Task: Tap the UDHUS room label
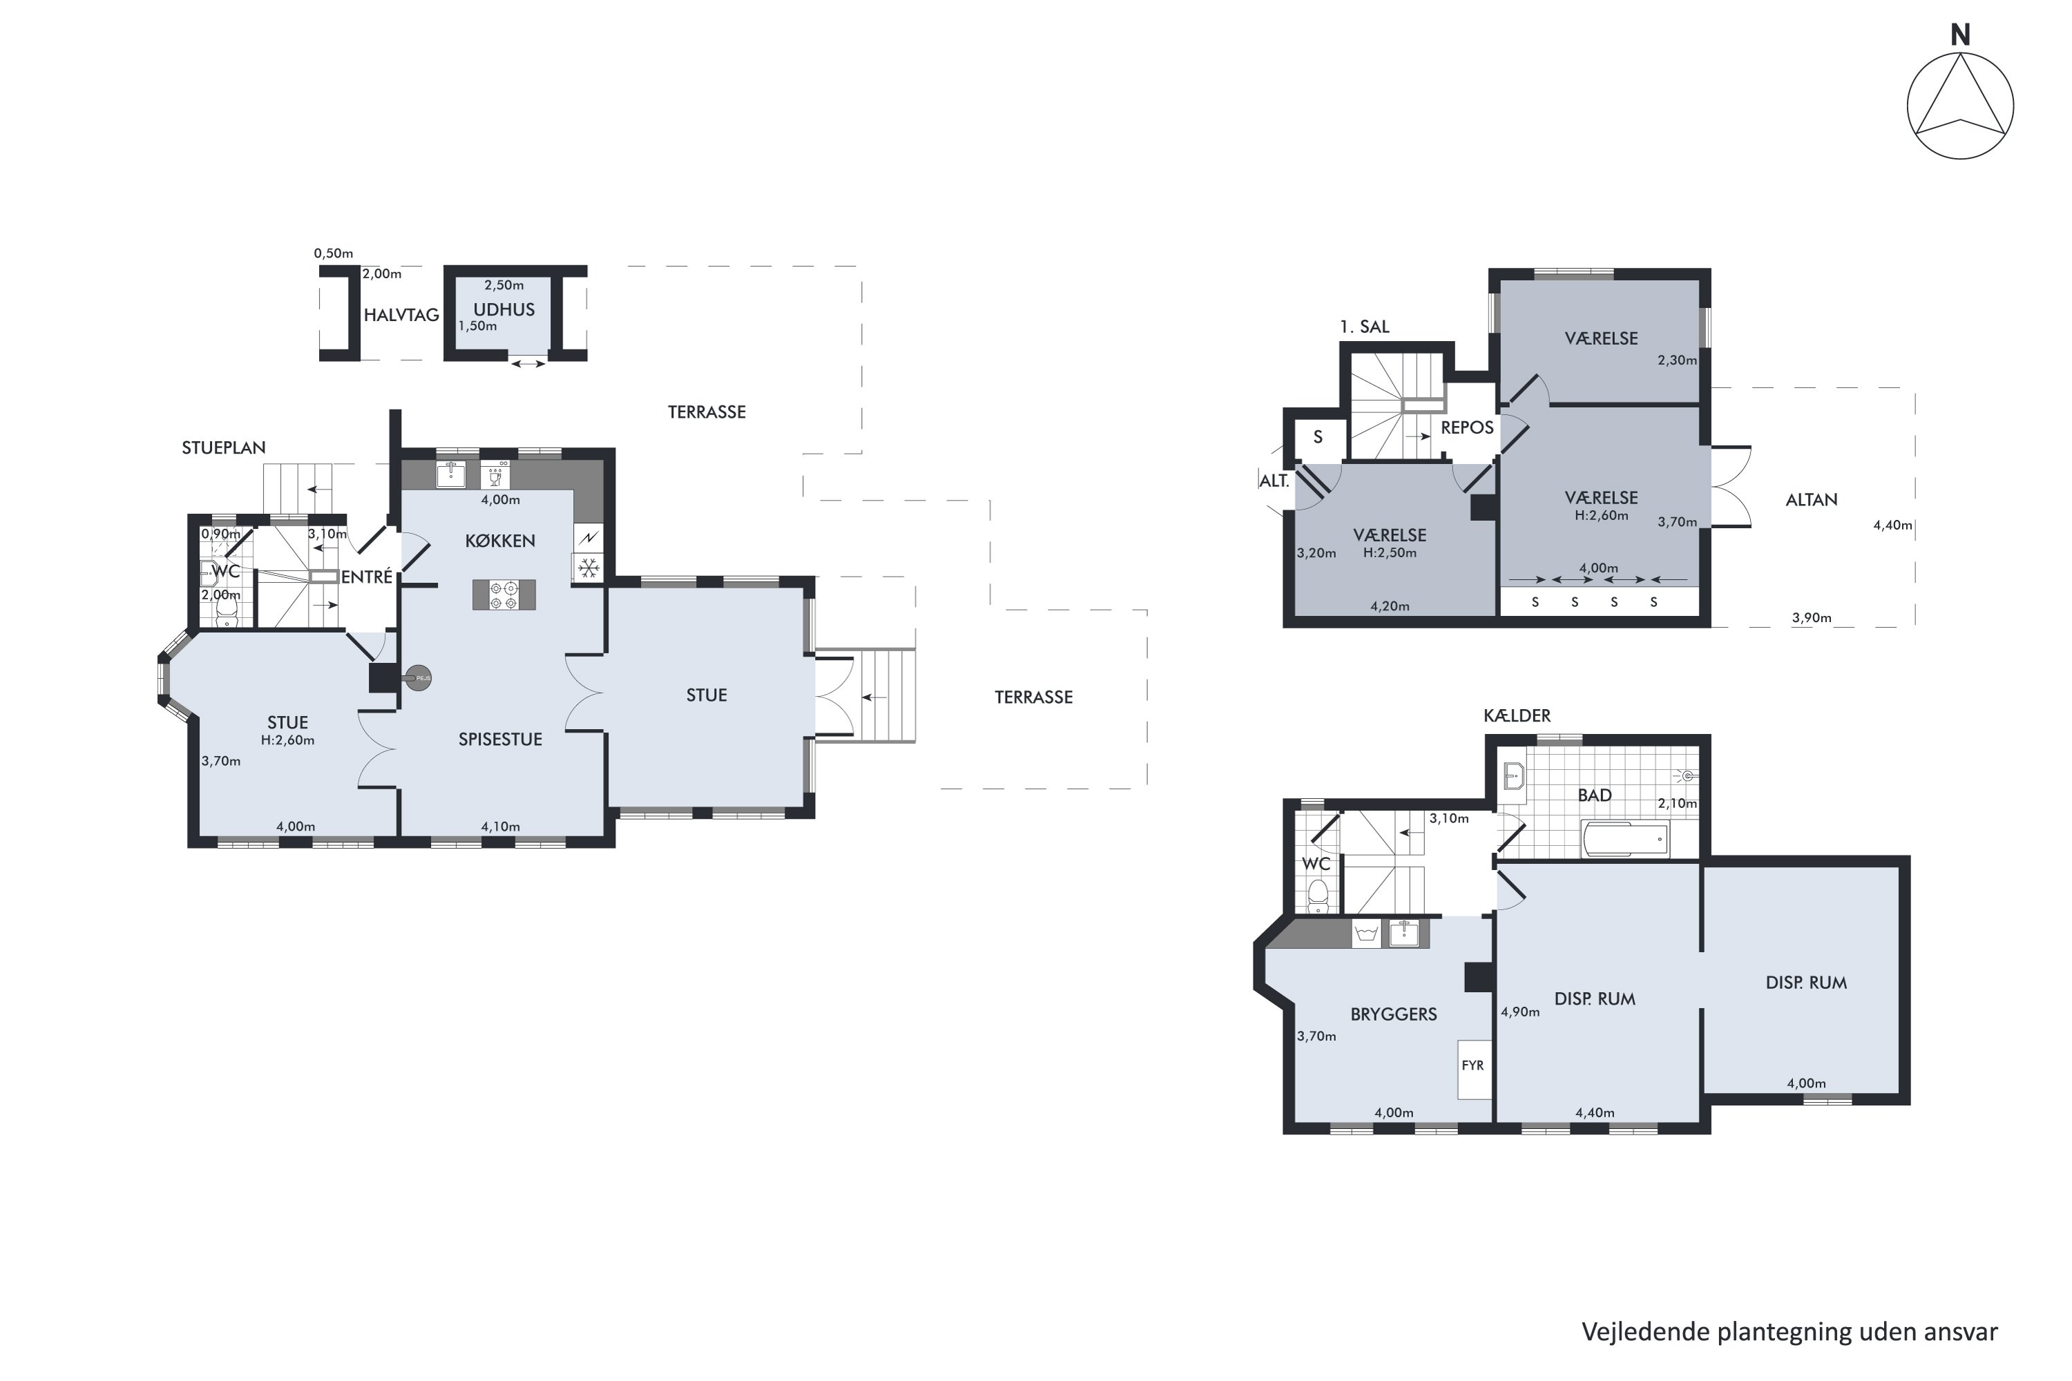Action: pyautogui.click(x=504, y=309)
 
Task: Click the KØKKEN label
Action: pyautogui.click(x=500, y=541)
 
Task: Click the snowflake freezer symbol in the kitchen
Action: pyautogui.click(x=588, y=567)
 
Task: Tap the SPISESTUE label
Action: pyautogui.click(x=500, y=739)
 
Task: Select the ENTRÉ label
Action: pyautogui.click(x=367, y=576)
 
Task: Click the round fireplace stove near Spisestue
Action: pyautogui.click(x=418, y=678)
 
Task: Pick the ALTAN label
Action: pyautogui.click(x=1811, y=499)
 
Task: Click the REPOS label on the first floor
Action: pyautogui.click(x=1467, y=427)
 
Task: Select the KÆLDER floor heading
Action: pyautogui.click(x=1517, y=715)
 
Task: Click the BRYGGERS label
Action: pyautogui.click(x=1394, y=1014)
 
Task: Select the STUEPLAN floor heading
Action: pyautogui.click(x=224, y=447)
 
